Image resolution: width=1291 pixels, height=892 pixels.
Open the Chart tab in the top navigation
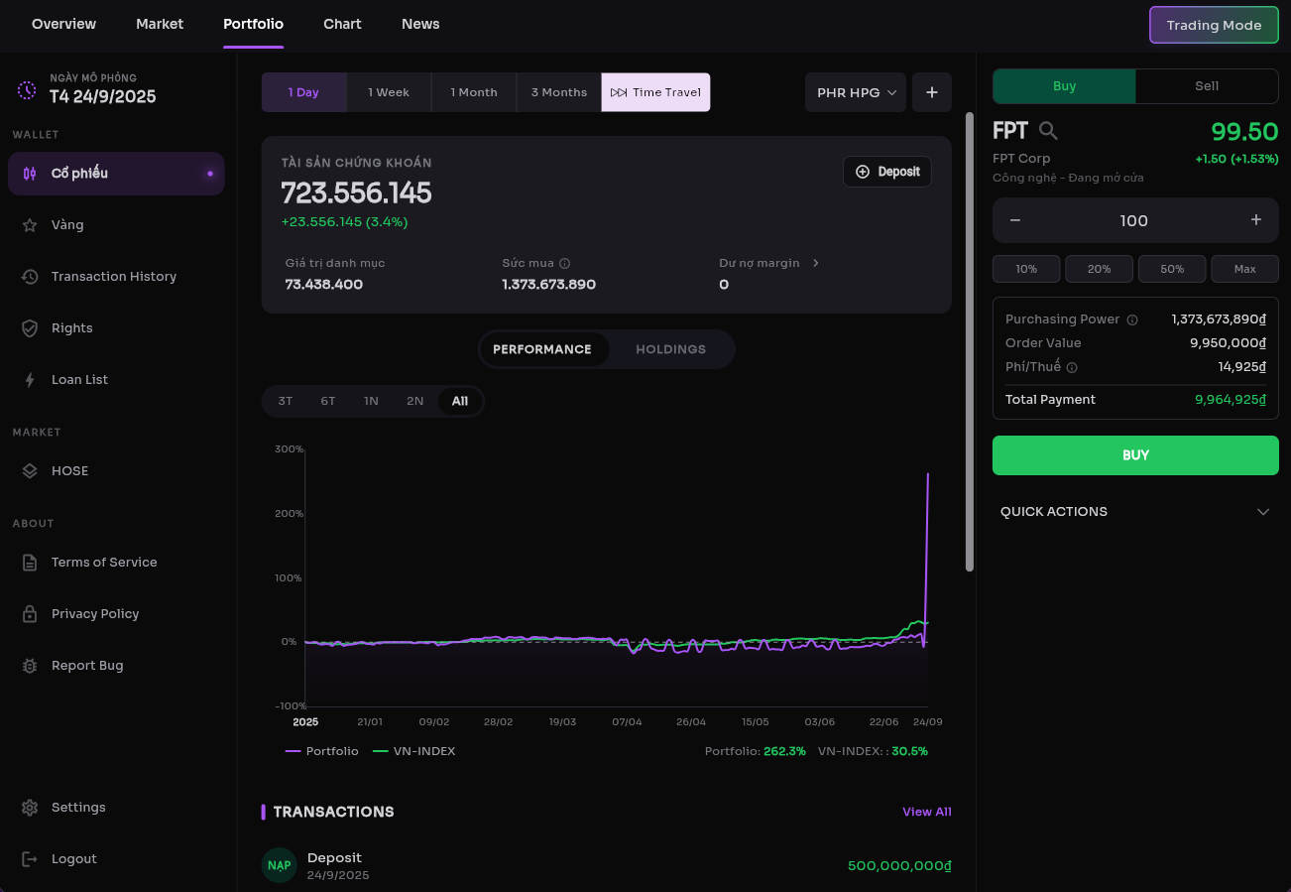tap(342, 24)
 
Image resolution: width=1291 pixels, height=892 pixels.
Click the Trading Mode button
tap(1214, 25)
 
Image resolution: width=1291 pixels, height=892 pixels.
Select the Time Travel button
tap(655, 92)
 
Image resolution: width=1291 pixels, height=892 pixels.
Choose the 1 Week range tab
tap(389, 92)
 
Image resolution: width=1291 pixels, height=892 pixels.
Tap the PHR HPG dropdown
tap(856, 92)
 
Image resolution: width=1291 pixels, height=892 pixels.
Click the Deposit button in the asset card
tap(887, 172)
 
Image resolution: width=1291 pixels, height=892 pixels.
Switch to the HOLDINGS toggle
tap(670, 349)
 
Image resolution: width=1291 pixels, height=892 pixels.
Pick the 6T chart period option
tap(328, 401)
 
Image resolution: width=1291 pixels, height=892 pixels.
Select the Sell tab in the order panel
tap(1207, 86)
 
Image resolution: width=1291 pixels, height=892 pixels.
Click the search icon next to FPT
tap(1048, 131)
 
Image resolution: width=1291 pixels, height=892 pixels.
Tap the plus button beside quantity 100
tap(1256, 219)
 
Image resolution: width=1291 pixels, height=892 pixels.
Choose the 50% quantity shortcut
tap(1172, 269)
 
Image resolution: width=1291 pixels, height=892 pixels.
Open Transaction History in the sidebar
tap(114, 276)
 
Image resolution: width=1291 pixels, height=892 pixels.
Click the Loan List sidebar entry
tap(79, 379)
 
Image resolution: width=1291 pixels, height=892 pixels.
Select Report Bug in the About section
tap(87, 665)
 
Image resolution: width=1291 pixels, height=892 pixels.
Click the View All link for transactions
tap(927, 812)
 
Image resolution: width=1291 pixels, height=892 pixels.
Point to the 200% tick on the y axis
tap(289, 513)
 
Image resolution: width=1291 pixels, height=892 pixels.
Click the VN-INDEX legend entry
tap(413, 751)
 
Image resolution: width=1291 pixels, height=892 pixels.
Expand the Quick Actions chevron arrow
tap(1263, 512)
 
